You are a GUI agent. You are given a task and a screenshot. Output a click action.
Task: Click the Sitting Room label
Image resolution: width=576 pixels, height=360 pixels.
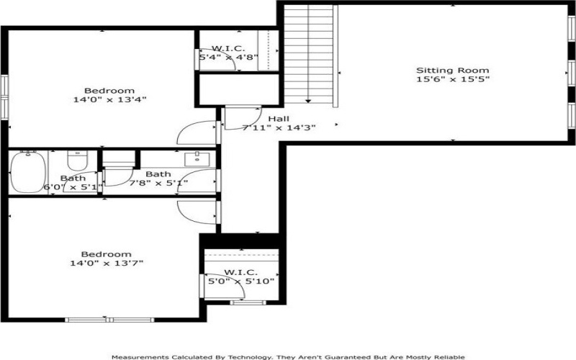(453, 70)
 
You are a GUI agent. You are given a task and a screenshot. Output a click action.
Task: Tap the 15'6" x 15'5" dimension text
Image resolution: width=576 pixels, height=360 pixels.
(453, 79)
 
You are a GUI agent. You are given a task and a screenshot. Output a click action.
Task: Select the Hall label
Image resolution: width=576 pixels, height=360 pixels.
(279, 119)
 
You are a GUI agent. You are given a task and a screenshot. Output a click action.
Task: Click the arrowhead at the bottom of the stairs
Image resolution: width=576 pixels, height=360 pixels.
(308, 101)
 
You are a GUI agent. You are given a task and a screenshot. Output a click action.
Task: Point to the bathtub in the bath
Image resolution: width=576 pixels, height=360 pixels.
(28, 172)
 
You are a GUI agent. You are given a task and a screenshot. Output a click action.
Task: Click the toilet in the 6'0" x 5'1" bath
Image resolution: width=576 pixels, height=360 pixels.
(78, 161)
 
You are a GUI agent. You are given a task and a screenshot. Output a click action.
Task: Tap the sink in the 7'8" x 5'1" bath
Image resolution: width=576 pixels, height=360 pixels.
(197, 159)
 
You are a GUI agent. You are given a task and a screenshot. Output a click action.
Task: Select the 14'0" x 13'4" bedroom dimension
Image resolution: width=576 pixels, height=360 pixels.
(110, 99)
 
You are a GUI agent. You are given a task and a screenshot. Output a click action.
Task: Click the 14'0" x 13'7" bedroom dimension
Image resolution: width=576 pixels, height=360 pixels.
(107, 264)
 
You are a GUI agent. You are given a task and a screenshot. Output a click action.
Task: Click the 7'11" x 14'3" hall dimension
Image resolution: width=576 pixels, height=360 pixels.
(279, 128)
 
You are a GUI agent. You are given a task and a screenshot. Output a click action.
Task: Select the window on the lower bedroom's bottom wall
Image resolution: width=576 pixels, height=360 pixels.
(109, 320)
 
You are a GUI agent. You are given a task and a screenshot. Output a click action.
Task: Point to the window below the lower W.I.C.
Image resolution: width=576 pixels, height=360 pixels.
(248, 302)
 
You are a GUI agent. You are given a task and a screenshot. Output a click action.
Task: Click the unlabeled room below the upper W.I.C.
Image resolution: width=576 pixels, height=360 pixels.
(239, 89)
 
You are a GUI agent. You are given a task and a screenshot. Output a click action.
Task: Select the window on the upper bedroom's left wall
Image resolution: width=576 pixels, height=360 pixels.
(4, 97)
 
